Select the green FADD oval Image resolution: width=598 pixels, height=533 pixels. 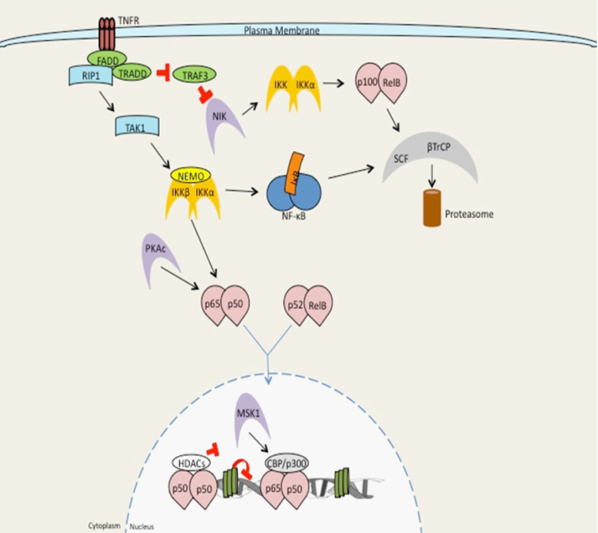(107, 60)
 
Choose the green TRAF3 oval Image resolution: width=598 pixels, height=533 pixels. (193, 76)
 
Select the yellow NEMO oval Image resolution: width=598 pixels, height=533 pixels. (190, 176)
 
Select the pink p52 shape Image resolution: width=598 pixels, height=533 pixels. (295, 306)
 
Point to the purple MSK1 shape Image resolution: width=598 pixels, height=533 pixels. (249, 417)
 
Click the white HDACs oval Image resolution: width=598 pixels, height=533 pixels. (191, 461)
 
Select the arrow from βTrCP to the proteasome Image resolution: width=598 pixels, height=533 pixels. (432, 174)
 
